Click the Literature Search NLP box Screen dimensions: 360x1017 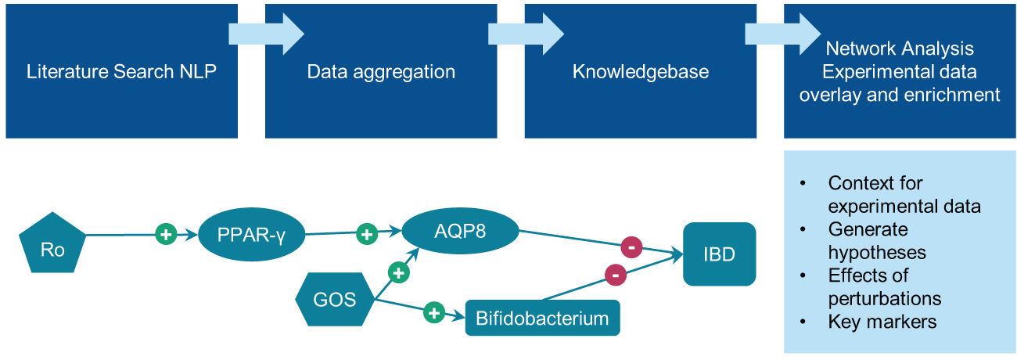pos(121,72)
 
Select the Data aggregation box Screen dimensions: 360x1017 pos(381,72)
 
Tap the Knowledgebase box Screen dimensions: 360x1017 pos(640,72)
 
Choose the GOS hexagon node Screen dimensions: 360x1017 pos(335,299)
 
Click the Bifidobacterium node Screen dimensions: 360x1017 pos(542,319)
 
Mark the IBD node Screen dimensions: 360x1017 pos(719,254)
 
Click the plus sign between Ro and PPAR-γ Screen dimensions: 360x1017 pos(165,234)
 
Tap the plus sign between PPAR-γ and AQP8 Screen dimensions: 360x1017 pos(366,233)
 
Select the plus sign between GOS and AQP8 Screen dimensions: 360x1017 pos(398,272)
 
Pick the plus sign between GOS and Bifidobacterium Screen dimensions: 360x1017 pos(434,313)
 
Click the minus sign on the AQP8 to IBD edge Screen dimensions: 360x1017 pos(631,247)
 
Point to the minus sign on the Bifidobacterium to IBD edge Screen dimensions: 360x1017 pos(615,275)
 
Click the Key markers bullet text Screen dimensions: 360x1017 pos(882,322)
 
